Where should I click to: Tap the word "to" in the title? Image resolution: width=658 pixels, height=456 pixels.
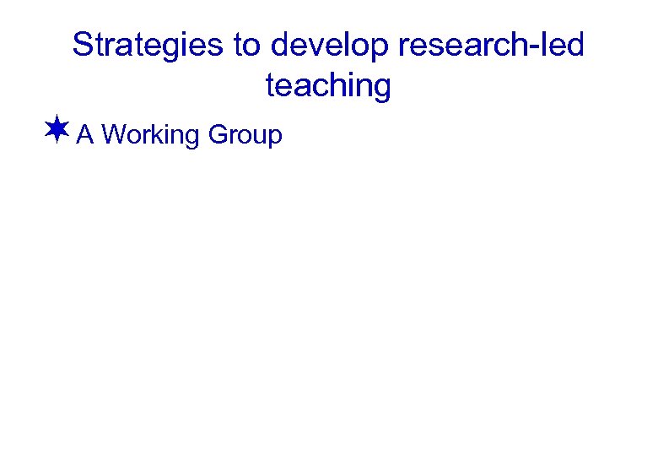(x=248, y=46)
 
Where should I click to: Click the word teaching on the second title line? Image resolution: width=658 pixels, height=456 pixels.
(x=328, y=85)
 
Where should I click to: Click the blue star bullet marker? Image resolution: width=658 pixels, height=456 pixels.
(x=57, y=131)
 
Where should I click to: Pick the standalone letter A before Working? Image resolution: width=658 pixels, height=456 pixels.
(x=84, y=134)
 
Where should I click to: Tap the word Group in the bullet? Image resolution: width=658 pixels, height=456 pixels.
(x=245, y=135)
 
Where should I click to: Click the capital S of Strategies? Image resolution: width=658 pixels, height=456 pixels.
(x=83, y=46)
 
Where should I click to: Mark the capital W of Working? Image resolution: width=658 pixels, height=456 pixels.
(x=115, y=134)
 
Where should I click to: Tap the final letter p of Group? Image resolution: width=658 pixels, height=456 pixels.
(x=275, y=138)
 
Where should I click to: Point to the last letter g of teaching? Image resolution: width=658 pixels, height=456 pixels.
(x=383, y=89)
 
